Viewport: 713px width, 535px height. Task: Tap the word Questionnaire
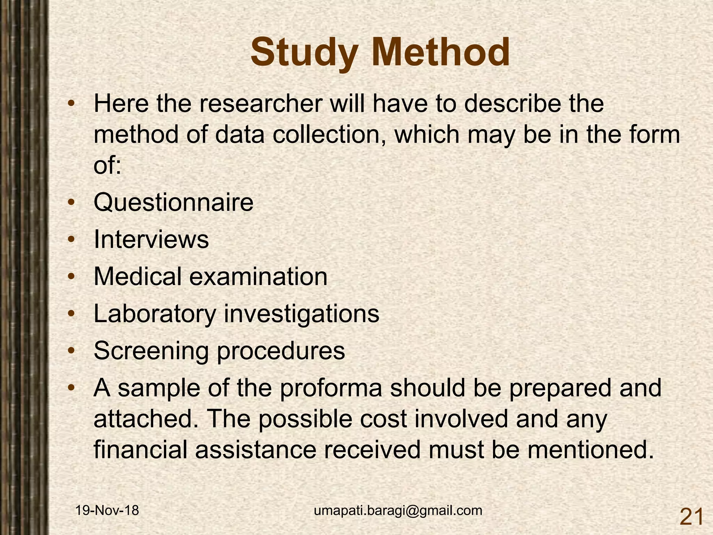click(173, 203)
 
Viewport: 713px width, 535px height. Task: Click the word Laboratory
click(155, 314)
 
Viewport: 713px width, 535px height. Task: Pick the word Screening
click(151, 351)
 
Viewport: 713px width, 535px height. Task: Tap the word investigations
click(301, 314)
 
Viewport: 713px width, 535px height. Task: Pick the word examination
click(258, 277)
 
